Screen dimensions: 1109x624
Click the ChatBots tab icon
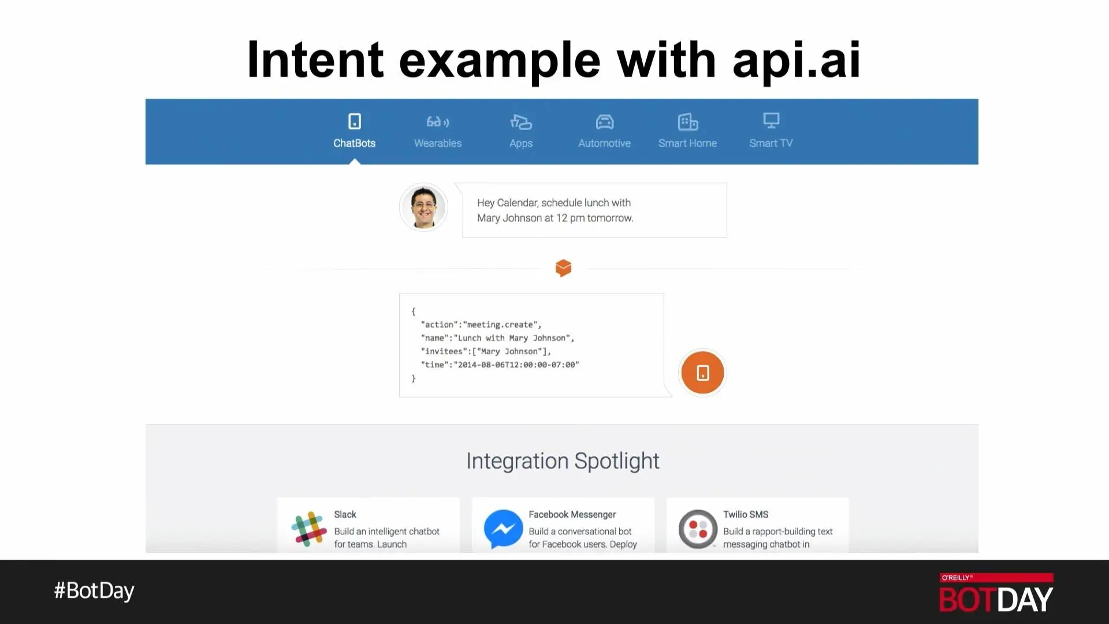[355, 121]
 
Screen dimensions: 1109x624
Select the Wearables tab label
[438, 143]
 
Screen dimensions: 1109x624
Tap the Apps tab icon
[521, 122]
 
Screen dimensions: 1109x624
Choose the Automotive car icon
[605, 122]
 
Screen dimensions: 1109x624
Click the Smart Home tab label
[687, 143]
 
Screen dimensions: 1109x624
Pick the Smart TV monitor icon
[771, 121]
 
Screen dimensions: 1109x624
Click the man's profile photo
[424, 207]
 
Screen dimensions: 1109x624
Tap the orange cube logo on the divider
[563, 268]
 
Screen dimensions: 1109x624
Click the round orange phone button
[702, 373]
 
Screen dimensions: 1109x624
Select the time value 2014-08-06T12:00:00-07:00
[516, 365]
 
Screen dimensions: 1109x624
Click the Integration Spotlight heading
[563, 461]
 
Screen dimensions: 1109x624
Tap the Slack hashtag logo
[309, 529]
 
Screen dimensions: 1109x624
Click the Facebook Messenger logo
[503, 529]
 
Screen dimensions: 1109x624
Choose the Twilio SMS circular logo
[698, 529]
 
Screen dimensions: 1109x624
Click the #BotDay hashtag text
[94, 590]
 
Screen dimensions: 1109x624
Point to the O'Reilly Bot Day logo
[996, 593]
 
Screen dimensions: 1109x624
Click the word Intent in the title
[315, 60]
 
